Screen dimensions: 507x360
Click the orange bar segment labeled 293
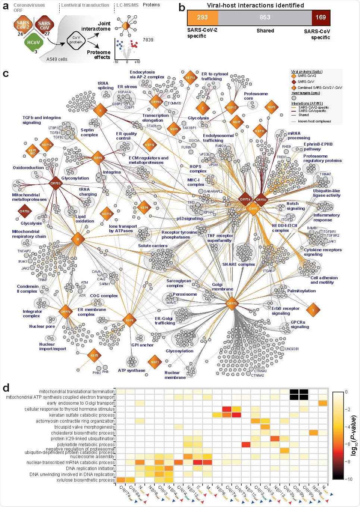[202, 18]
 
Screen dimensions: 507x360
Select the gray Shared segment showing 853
[265, 18]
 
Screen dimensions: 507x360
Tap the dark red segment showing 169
[321, 18]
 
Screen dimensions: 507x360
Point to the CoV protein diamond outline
[76, 40]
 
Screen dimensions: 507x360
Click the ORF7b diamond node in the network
[232, 304]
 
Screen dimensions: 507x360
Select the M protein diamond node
[78, 239]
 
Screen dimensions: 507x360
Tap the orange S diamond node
[313, 310]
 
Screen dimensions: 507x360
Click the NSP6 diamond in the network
[129, 320]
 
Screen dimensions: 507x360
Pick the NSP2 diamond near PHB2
[94, 355]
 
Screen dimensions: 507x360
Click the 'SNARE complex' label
[239, 264]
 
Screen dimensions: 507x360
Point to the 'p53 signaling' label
[190, 218]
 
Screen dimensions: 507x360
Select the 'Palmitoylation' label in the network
[301, 291]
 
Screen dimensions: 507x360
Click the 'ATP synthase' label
[131, 370]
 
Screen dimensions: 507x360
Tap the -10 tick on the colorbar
[348, 479]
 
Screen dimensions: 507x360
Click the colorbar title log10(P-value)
[354, 436]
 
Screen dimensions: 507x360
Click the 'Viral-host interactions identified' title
[255, 5]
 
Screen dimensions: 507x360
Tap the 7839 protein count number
[148, 40]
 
